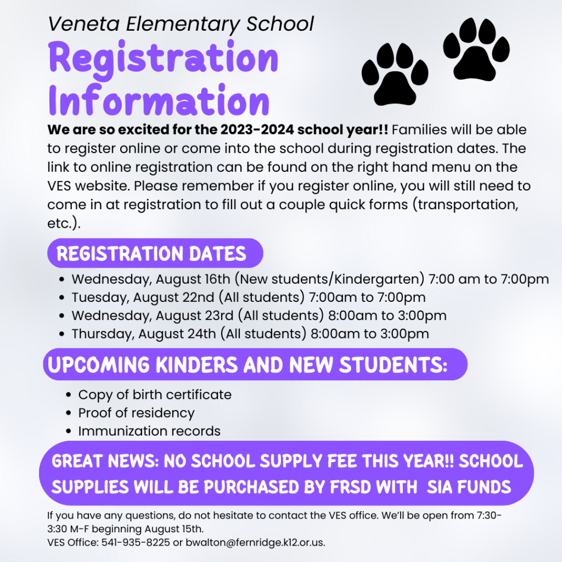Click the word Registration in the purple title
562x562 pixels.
tap(164, 58)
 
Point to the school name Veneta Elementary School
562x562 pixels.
tap(181, 24)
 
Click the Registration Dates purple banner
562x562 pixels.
tap(154, 254)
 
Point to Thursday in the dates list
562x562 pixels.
tap(102, 334)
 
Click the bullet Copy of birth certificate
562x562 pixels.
tap(154, 395)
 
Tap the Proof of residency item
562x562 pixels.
tap(136, 413)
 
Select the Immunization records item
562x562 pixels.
tap(149, 431)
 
